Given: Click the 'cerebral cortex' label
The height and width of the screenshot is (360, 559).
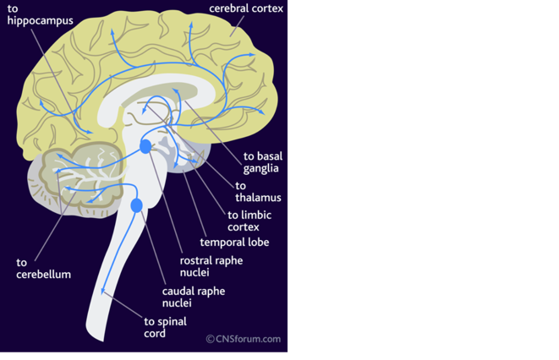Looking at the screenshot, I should pyautogui.click(x=246, y=8).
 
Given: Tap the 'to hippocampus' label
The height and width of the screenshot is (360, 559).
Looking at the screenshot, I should pyautogui.click(x=40, y=14).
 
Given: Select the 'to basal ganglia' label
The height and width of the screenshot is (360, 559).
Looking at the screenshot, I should pyautogui.click(x=262, y=161).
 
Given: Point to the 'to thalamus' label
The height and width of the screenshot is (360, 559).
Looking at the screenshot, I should pyautogui.click(x=258, y=192).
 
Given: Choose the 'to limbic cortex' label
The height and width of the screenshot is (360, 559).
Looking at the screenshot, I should pyautogui.click(x=249, y=221).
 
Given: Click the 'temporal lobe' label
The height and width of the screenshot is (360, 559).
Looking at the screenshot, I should pyautogui.click(x=234, y=243).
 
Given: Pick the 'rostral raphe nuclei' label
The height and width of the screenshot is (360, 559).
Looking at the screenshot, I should pyautogui.click(x=211, y=266).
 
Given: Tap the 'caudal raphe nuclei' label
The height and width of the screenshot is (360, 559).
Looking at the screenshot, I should pyautogui.click(x=193, y=297).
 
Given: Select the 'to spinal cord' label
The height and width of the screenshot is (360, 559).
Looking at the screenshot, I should pyautogui.click(x=165, y=327).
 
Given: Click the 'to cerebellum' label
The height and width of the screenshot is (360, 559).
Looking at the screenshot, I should pyautogui.click(x=43, y=268).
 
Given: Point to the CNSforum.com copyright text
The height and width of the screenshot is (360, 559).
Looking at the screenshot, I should pyautogui.click(x=244, y=339).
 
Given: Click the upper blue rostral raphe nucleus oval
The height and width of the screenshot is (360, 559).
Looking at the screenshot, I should pyautogui.click(x=145, y=146).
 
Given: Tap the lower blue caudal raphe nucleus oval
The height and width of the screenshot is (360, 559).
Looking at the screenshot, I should pyautogui.click(x=136, y=205).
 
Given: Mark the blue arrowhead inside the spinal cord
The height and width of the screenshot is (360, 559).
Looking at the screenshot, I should pyautogui.click(x=104, y=291).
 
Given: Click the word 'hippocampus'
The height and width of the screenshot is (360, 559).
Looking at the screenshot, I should pyautogui.click(x=40, y=20).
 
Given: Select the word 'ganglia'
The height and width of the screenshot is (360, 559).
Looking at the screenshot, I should pyautogui.click(x=261, y=168).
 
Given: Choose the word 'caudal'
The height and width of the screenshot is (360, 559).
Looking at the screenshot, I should pyautogui.click(x=178, y=291).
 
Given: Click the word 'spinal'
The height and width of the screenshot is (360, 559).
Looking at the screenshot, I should pyautogui.click(x=172, y=321).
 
